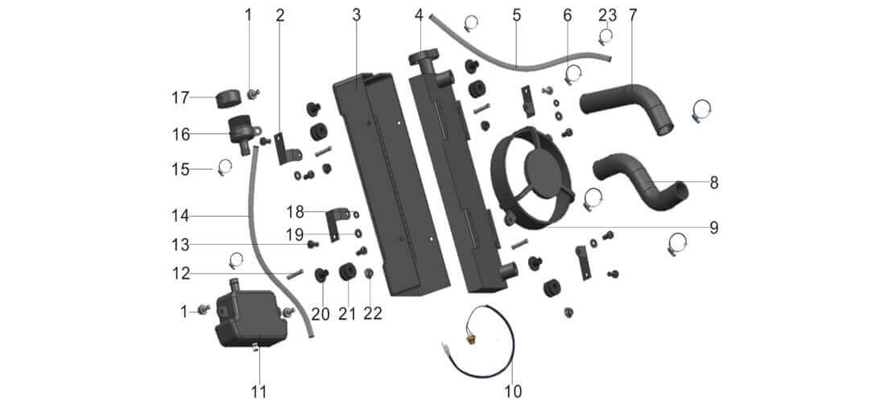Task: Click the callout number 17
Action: (180, 97)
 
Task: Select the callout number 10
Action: (514, 391)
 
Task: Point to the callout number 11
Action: (258, 391)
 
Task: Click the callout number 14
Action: (179, 215)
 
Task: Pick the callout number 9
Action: (713, 228)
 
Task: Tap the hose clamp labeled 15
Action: (223, 167)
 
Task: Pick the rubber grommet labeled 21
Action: (349, 272)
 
